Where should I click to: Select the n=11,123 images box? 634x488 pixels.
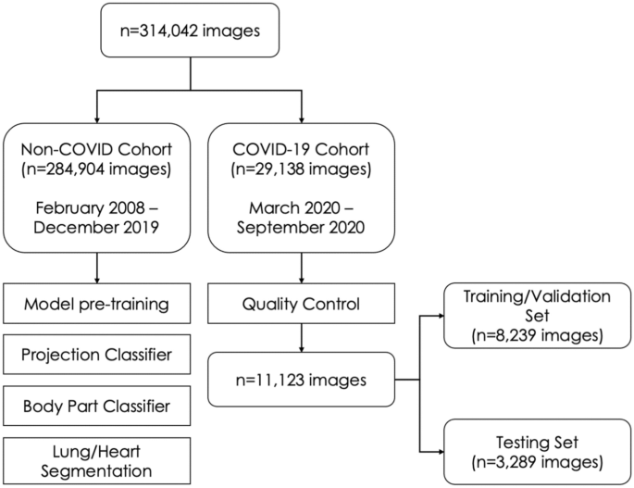[301, 379]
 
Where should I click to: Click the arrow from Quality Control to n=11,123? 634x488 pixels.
[301, 339]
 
